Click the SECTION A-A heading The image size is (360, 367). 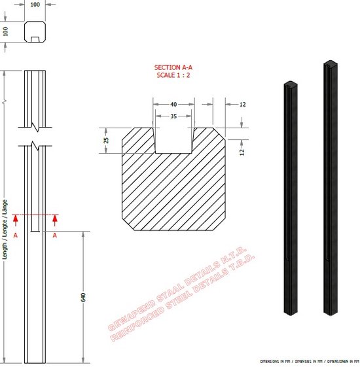(174, 67)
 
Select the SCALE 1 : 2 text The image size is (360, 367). (174, 75)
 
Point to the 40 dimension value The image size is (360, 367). (173, 104)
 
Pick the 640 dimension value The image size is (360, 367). (83, 297)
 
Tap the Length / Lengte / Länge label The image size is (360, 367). (5, 229)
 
